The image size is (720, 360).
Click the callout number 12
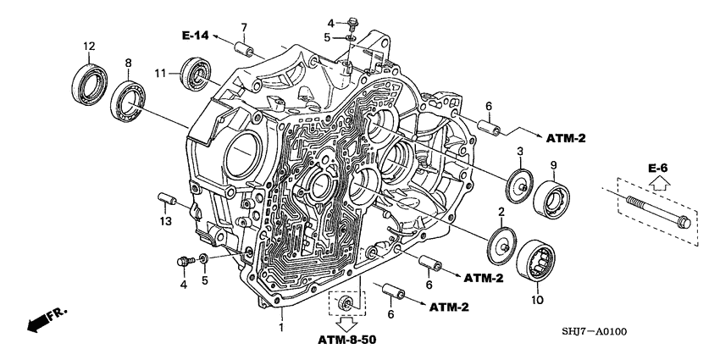click(x=87, y=45)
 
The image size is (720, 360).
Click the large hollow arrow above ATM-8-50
click(x=346, y=323)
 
